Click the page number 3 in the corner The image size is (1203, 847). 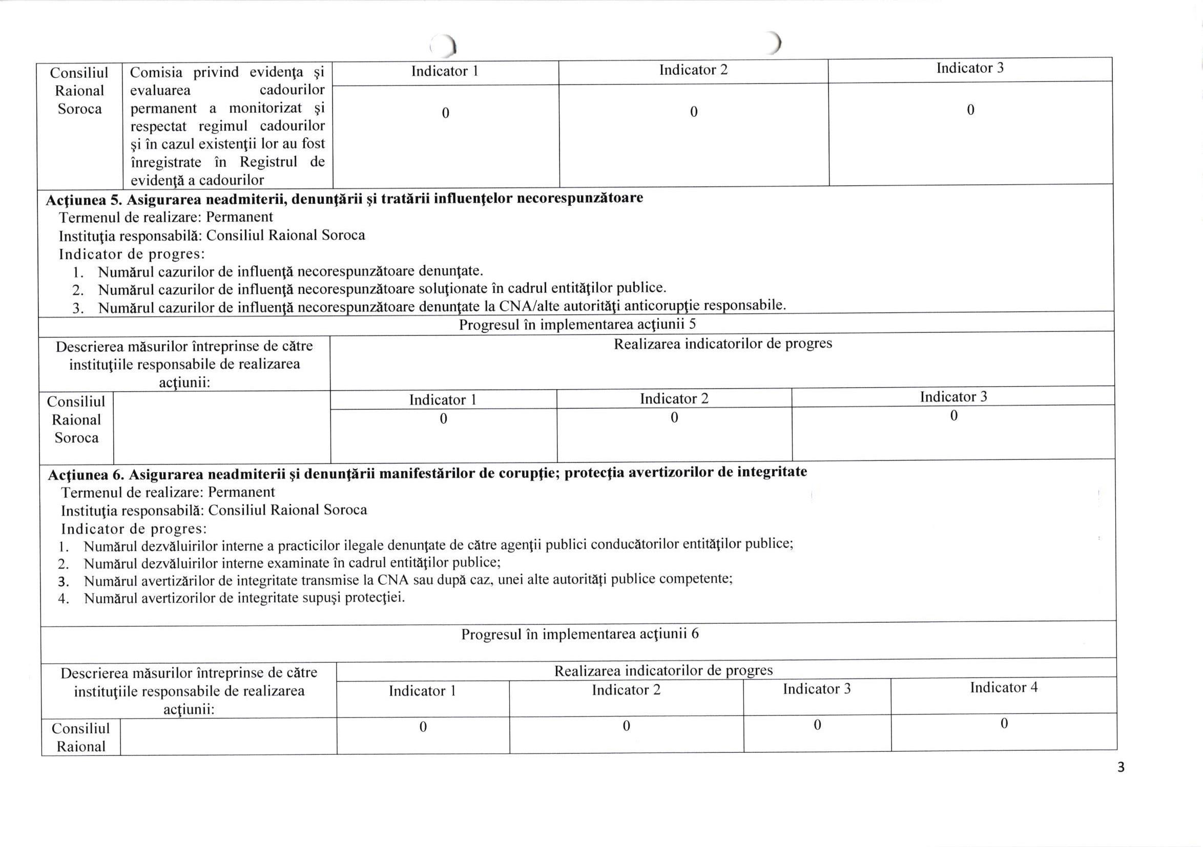pyautogui.click(x=1121, y=768)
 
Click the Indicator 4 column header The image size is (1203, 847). pyautogui.click(x=1003, y=687)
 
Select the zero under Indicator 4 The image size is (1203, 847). pyautogui.click(x=1004, y=724)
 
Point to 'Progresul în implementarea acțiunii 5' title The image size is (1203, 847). pyautogui.click(x=577, y=324)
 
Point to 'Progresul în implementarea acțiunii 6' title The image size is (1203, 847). pyautogui.click(x=579, y=634)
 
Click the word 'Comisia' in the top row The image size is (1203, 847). pyautogui.click(x=156, y=72)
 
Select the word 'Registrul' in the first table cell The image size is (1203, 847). pyautogui.click(x=268, y=161)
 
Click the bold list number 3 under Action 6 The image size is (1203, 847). pyautogui.click(x=64, y=581)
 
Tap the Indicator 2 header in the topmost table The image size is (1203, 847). pyautogui.click(x=693, y=70)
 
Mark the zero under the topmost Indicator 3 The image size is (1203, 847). pyautogui.click(x=970, y=110)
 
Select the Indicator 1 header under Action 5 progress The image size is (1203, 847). pyautogui.click(x=443, y=400)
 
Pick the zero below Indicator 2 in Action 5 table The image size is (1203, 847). pyautogui.click(x=674, y=417)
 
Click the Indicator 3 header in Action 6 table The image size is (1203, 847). pyautogui.click(x=816, y=689)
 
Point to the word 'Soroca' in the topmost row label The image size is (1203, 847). pyautogui.click(x=79, y=109)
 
